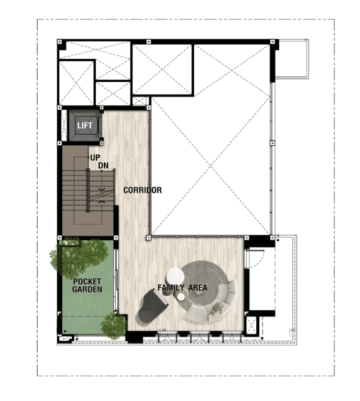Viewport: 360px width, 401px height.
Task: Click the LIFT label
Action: click(85, 125)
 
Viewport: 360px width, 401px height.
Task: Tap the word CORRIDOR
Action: click(143, 190)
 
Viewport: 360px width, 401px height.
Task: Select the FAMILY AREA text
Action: click(182, 288)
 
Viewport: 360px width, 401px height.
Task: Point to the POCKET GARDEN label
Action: click(87, 285)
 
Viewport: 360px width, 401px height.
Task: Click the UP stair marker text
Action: click(95, 158)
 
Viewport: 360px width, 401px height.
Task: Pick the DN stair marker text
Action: click(103, 166)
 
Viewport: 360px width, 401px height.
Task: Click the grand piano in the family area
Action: click(152, 307)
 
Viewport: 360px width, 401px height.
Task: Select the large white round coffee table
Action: click(175, 276)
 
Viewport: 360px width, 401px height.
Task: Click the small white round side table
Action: click(181, 297)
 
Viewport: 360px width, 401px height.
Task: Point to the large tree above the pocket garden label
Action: click(79, 257)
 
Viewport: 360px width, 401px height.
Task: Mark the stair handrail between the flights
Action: click(88, 191)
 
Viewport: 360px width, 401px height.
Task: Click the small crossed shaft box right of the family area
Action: click(251, 326)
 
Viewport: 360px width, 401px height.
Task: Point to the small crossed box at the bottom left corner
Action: click(64, 339)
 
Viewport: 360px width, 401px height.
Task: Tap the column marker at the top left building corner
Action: click(59, 42)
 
